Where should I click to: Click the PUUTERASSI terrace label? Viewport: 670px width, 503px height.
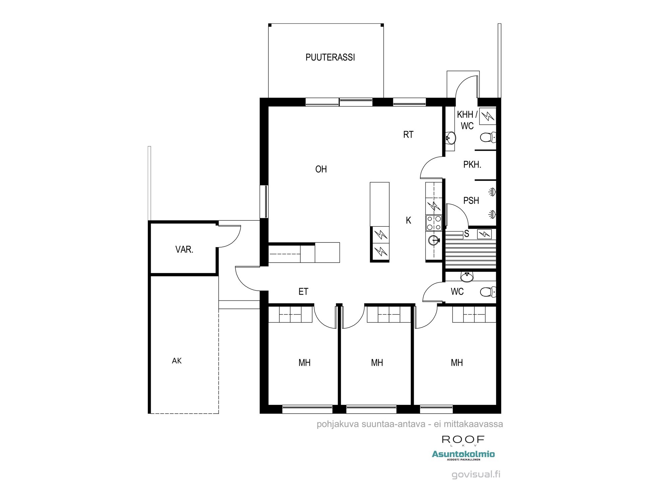[x=330, y=57]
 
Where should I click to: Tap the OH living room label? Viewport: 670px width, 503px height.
[x=321, y=169]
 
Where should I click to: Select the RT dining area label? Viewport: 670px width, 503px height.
[x=408, y=135]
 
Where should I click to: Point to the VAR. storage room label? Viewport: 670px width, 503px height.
[x=184, y=249]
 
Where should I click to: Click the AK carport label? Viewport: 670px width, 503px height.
[x=177, y=361]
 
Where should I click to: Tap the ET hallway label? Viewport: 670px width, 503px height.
[x=303, y=292]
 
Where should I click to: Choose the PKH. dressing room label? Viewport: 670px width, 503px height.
[x=472, y=165]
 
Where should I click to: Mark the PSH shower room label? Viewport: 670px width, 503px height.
[x=471, y=201]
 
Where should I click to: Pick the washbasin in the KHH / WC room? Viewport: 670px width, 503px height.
[x=451, y=137]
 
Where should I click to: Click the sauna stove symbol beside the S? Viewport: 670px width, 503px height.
[x=484, y=234]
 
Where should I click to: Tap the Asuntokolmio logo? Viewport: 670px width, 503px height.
[x=463, y=455]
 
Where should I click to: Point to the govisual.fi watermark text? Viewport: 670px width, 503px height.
[x=476, y=474]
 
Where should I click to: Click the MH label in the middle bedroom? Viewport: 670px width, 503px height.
[x=377, y=362]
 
